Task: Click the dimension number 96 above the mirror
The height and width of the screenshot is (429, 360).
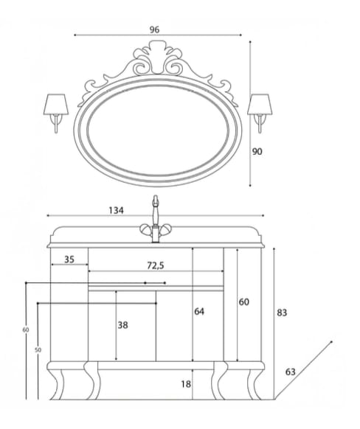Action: click(154, 29)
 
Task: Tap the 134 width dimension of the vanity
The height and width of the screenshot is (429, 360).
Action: click(116, 210)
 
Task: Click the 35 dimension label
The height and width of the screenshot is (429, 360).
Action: click(69, 259)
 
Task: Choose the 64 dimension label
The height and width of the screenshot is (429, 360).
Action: click(199, 311)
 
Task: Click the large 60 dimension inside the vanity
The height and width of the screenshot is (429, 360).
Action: click(245, 302)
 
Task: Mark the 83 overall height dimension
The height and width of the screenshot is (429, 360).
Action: click(282, 313)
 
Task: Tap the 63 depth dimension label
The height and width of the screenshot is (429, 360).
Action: click(291, 372)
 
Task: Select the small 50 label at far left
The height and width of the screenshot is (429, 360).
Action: click(38, 349)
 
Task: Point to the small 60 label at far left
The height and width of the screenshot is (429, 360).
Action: click(26, 329)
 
